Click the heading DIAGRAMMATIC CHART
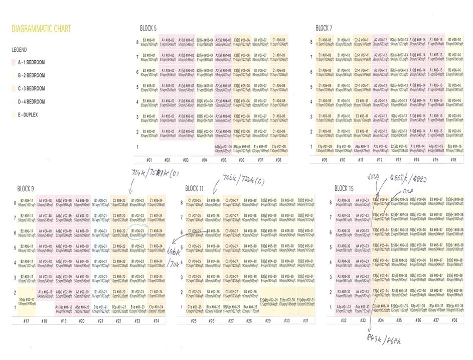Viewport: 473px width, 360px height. click(x=41, y=29)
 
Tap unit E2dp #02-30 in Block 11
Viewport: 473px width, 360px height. click(x=287, y=301)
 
